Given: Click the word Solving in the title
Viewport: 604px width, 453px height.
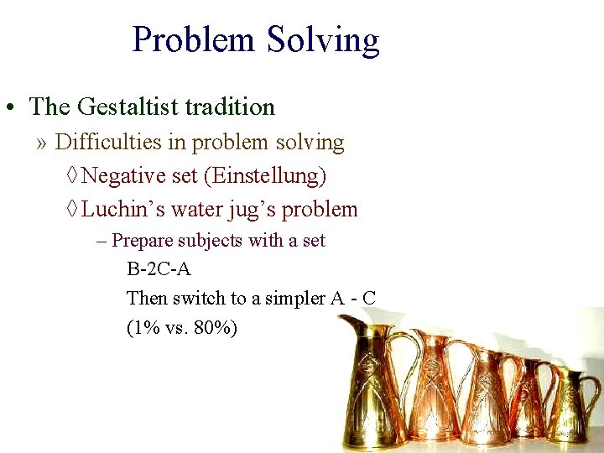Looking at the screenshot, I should click(x=323, y=40).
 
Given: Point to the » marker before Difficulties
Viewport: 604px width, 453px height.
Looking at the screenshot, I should click(x=42, y=143).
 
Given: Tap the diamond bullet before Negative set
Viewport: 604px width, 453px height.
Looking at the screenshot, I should click(x=72, y=177).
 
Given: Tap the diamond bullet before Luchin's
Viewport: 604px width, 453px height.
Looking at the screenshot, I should click(x=72, y=210).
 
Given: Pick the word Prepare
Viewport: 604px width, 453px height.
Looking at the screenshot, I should click(x=142, y=242).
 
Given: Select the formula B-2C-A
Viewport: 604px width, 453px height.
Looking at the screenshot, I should click(x=159, y=270).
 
